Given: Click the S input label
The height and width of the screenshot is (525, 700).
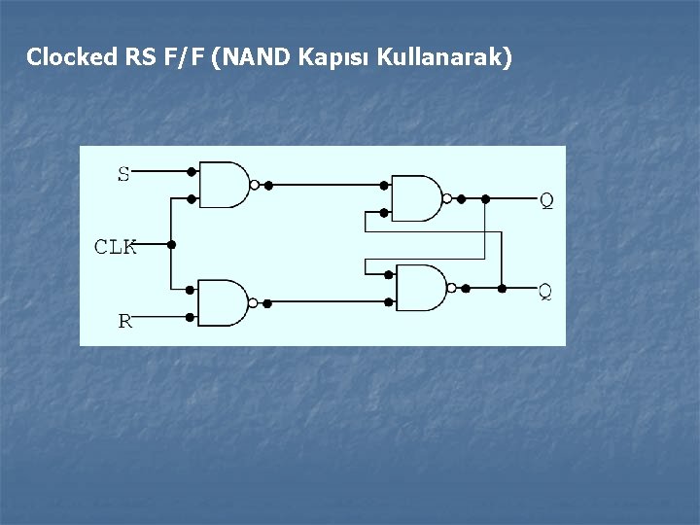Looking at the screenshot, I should point(123,175).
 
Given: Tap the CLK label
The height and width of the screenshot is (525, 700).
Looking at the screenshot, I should point(115,247).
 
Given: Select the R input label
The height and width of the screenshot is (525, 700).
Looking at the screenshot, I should point(124,321).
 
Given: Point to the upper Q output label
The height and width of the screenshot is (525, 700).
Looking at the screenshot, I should point(546,200).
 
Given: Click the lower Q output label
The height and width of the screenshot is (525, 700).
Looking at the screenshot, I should point(545,291).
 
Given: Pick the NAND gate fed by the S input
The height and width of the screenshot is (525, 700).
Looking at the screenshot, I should point(223,184).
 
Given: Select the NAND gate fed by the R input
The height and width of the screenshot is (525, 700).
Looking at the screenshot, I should point(221,302).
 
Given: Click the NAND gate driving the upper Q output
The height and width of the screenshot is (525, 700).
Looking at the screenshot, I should point(415,198).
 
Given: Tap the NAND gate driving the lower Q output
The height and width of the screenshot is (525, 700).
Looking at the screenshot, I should point(421,288).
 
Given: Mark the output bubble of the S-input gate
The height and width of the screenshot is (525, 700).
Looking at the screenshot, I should point(254,184).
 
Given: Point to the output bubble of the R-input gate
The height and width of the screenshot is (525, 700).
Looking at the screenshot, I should point(252,303).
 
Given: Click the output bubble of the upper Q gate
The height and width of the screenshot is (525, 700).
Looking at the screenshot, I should point(447,198).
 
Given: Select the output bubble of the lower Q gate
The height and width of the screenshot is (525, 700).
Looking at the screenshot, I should point(452,288).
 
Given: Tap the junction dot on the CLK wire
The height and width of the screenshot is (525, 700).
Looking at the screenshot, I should point(171,244).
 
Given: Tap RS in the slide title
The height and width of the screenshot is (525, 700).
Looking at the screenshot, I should point(137,57).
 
